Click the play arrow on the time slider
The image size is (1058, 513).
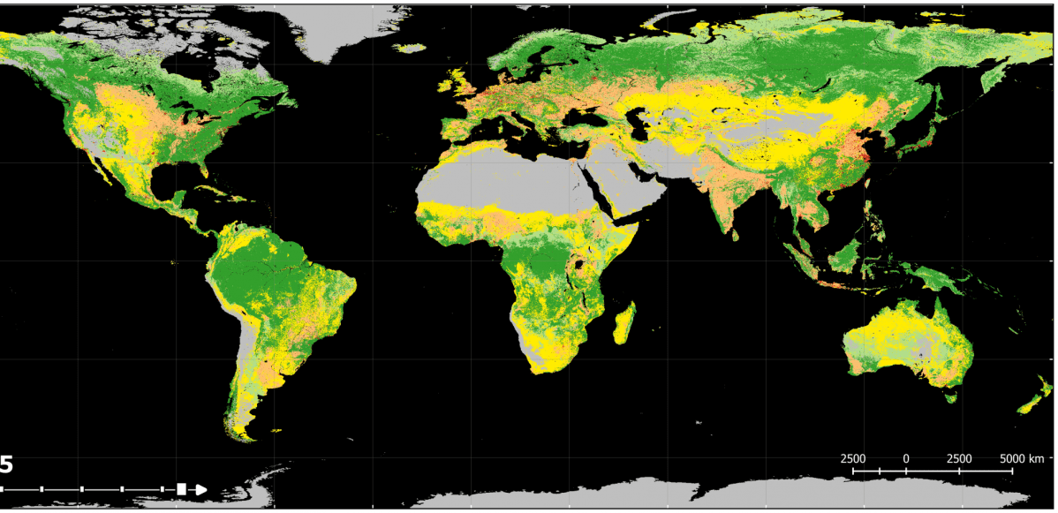coord(200,489)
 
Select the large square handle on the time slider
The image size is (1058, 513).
coord(182,489)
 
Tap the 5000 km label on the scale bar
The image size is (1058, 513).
coord(1023,458)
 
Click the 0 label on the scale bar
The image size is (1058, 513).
coord(906,458)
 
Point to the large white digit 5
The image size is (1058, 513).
coord(6,464)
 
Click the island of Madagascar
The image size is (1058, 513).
coord(624,323)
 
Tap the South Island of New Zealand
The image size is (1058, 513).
coord(1029,405)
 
